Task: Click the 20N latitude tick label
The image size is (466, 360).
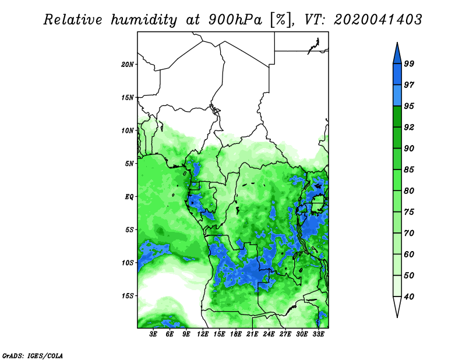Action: (x=128, y=65)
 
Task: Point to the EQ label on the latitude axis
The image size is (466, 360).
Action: (x=129, y=197)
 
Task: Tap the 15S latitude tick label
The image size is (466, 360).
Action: (x=128, y=296)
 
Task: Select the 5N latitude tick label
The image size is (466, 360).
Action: (x=129, y=164)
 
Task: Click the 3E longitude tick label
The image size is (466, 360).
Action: (x=153, y=334)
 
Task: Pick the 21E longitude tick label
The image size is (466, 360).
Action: (x=252, y=334)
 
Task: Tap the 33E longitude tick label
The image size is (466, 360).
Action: (x=318, y=334)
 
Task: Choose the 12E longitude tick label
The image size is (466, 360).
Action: (x=203, y=334)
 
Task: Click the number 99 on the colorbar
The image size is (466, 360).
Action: (x=409, y=63)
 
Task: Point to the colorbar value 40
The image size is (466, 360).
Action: (x=409, y=297)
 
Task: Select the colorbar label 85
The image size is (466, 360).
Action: (x=409, y=170)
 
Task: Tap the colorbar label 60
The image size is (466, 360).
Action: (x=409, y=254)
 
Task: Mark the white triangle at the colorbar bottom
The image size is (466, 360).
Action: (x=397, y=306)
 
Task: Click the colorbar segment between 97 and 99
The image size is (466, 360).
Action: (x=397, y=75)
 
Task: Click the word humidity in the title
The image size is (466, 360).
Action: (x=144, y=20)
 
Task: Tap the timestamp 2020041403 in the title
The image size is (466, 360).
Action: (x=377, y=20)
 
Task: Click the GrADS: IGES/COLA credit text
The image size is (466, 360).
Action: (x=33, y=356)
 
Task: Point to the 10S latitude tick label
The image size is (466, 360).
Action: (x=128, y=263)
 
